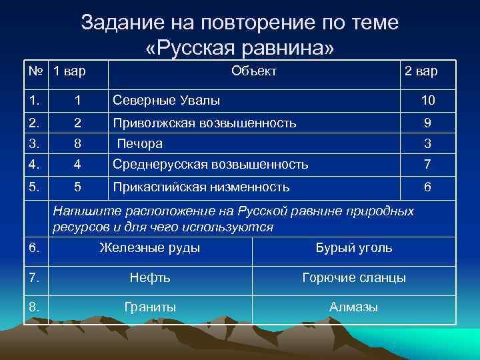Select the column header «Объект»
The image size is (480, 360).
[x=253, y=71]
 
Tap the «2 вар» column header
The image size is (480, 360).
[x=421, y=71]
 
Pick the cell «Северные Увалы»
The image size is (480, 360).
[x=167, y=100]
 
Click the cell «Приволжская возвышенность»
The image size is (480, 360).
[x=205, y=123]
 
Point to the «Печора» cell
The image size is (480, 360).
[x=140, y=143]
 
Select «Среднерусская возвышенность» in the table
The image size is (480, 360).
[x=211, y=164]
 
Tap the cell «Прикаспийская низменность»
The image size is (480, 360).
[x=201, y=187]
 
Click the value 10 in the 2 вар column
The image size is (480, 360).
[x=427, y=100]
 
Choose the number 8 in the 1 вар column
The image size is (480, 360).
[x=78, y=143]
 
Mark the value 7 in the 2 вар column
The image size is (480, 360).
[x=427, y=164]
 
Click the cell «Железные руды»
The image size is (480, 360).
[x=149, y=248]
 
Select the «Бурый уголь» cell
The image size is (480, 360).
[x=353, y=248]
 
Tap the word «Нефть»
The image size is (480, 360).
[x=150, y=277]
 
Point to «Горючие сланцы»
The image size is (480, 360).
[x=353, y=277]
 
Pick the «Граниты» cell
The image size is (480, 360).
[x=150, y=307]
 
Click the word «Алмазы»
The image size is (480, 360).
[x=353, y=307]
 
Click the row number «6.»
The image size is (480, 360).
[x=35, y=248]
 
